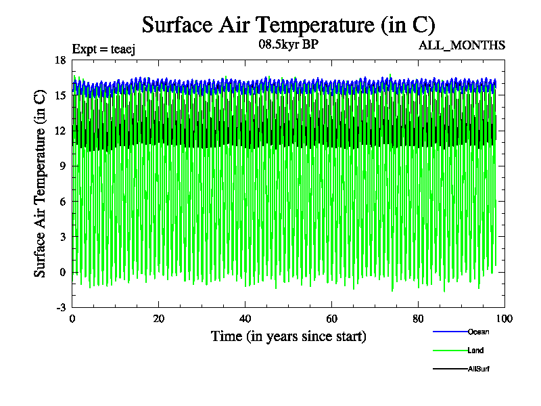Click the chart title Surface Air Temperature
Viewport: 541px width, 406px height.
coord(288,25)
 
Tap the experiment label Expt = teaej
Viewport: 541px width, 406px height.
coord(105,48)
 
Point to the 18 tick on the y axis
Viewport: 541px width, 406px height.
coord(60,60)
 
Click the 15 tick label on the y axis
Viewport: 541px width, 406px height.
coord(60,95)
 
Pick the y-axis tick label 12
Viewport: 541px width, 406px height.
coord(60,131)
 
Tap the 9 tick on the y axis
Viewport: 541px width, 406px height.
coord(63,166)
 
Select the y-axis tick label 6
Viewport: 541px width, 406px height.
coord(63,202)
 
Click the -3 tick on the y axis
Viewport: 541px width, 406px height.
coord(60,308)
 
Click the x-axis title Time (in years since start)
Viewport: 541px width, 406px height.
coord(289,336)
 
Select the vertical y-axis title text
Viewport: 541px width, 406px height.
coord(41,183)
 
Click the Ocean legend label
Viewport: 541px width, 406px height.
coord(478,332)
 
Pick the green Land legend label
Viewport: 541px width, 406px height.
coord(475,351)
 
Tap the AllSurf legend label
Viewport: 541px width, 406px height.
coord(478,369)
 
